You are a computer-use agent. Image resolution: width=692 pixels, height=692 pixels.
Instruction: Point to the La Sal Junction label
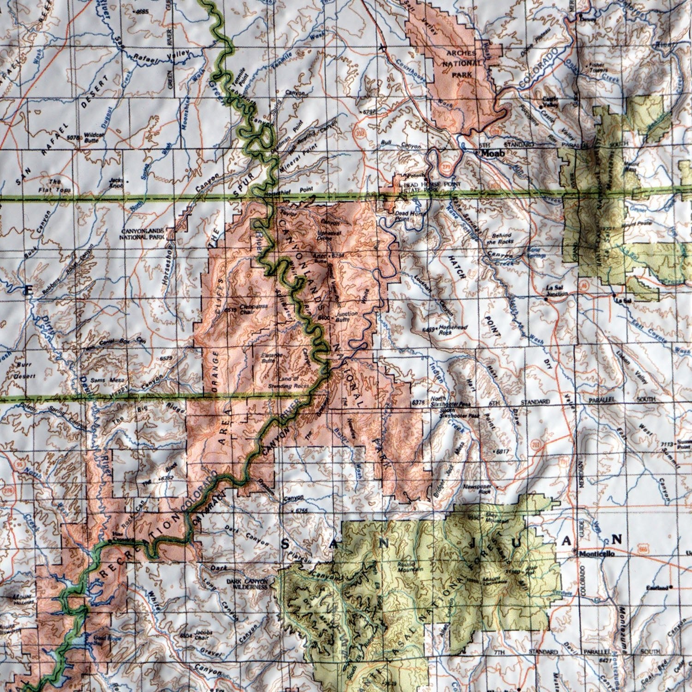[x=556, y=290]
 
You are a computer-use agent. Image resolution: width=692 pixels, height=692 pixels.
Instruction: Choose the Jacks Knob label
[x=117, y=183]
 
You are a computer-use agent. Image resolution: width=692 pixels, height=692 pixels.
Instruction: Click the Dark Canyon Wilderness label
[x=247, y=585]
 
